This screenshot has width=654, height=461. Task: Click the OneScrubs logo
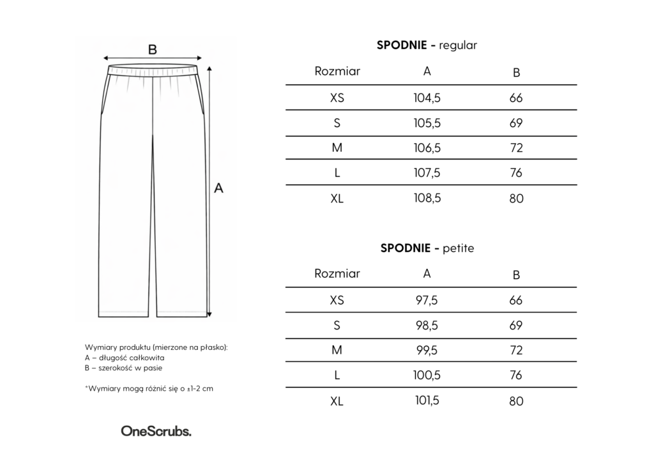[156, 432]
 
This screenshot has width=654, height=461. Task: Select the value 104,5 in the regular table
[427, 98]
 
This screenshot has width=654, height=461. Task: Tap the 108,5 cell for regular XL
[427, 198]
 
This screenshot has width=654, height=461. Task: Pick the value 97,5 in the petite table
[427, 300]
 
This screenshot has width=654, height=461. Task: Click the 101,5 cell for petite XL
[427, 400]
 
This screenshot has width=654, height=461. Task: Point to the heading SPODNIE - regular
[427, 45]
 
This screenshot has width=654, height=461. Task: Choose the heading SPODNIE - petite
[427, 248]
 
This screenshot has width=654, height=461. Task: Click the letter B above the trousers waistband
[153, 49]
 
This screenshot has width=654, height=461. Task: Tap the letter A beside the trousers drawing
[218, 188]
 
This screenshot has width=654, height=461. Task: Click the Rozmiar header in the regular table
[337, 72]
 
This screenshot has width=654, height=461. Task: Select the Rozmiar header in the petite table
[337, 274]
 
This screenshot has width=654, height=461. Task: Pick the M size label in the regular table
[337, 148]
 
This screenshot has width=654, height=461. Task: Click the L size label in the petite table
[337, 375]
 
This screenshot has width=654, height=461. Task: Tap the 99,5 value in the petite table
[427, 351]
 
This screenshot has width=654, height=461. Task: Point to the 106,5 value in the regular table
[427, 148]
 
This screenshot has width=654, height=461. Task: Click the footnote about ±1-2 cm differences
[149, 388]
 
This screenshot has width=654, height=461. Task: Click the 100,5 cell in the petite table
[427, 375]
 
